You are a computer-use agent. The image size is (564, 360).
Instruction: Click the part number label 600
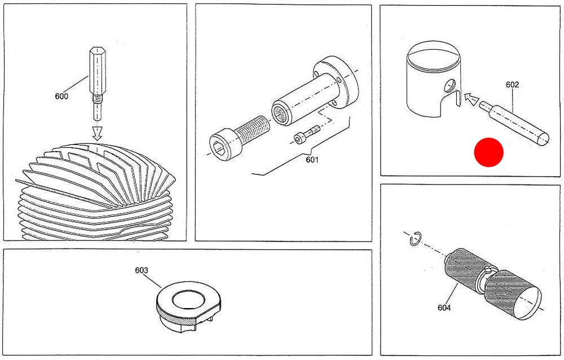(61, 96)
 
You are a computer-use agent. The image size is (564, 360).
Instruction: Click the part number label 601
(312, 160)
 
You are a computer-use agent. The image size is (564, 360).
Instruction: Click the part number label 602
(512, 85)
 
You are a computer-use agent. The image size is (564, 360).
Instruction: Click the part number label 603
(141, 270)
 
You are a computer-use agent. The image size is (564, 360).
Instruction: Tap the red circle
(488, 152)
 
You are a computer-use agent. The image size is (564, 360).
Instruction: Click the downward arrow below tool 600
(97, 133)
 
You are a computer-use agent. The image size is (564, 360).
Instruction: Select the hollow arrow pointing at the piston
(469, 100)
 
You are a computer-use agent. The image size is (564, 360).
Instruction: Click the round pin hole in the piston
(450, 85)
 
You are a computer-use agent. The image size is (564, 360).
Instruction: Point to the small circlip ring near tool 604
(413, 239)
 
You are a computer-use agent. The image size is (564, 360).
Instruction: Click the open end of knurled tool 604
(527, 301)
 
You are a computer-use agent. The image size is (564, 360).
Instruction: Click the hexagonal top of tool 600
(95, 62)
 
